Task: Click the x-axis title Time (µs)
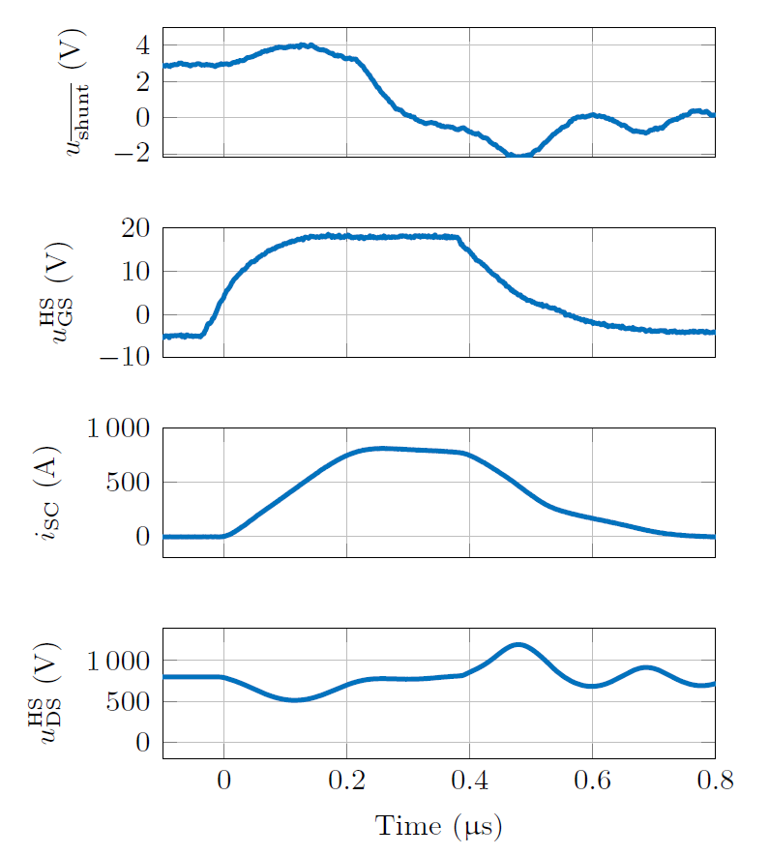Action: click(x=438, y=827)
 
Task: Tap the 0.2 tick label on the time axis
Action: click(x=346, y=781)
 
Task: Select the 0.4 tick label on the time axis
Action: click(x=469, y=781)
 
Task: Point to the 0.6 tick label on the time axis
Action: click(x=592, y=781)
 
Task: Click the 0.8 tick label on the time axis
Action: click(x=715, y=781)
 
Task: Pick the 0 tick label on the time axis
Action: click(x=224, y=781)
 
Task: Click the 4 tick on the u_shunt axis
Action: click(x=142, y=45)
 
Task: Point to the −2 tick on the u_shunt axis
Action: click(x=134, y=153)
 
